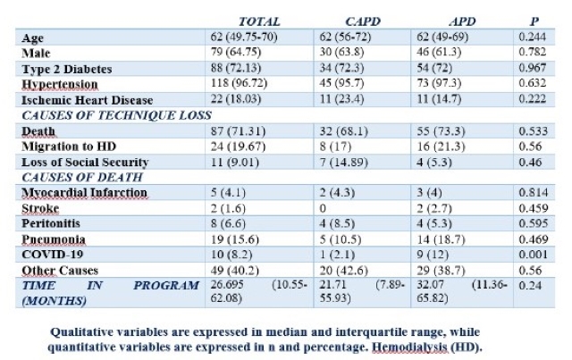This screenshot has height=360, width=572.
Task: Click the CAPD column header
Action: (363, 21)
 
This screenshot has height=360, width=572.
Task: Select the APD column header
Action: (462, 21)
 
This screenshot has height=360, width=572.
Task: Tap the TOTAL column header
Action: (259, 21)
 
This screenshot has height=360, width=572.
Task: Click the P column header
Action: (534, 21)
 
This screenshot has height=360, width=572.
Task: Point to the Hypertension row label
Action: (60, 84)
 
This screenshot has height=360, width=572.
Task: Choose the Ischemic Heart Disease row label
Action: (88, 100)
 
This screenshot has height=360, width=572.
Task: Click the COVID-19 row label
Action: (53, 255)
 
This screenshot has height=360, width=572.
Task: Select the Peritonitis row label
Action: (51, 223)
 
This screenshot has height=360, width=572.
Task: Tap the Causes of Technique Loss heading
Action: (116, 115)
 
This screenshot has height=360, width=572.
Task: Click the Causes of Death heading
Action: (82, 177)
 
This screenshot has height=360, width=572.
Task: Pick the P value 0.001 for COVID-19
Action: (533, 255)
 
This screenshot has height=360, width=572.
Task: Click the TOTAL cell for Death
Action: (238, 131)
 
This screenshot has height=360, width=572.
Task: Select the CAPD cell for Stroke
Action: (323, 208)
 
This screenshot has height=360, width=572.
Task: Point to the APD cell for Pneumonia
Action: (441, 239)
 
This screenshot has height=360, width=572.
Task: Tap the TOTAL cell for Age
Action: (244, 38)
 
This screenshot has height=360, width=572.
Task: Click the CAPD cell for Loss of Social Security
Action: (343, 162)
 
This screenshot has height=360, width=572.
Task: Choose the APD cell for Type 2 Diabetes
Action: (434, 68)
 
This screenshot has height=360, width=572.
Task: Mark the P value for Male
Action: (533, 52)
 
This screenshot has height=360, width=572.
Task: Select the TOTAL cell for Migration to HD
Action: (238, 147)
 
